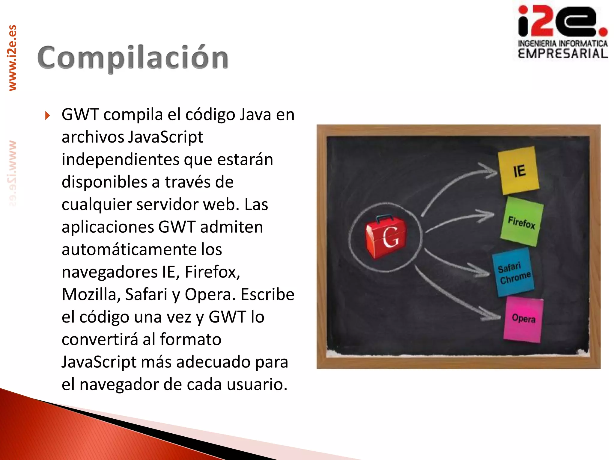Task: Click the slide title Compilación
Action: pos(133,58)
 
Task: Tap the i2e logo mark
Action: pos(562,21)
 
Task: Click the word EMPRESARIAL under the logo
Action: pos(563,54)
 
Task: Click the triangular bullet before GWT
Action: pos(47,115)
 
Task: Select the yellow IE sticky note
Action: pos(518,170)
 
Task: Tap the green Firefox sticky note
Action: pos(522,222)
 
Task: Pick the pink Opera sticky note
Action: pos(524,319)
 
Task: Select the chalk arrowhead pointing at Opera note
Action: pos(492,317)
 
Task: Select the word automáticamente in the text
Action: pos(142,249)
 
